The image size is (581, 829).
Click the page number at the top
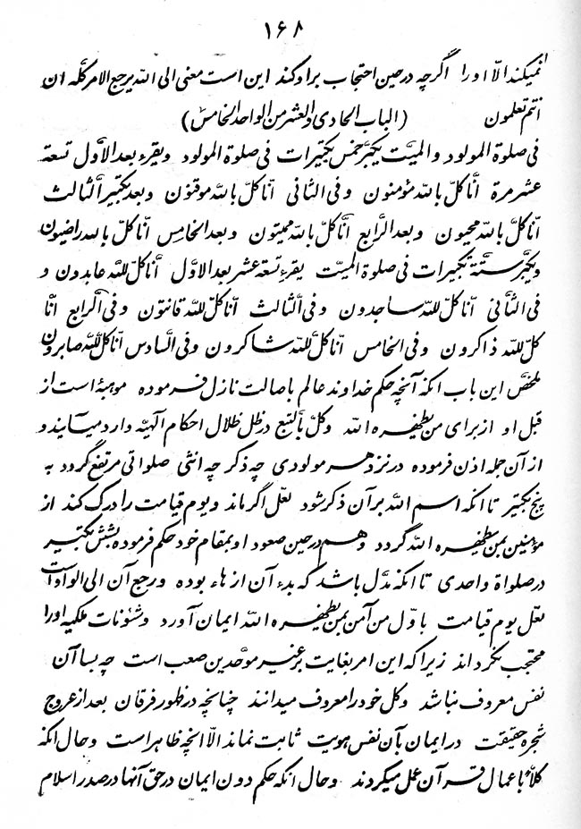(291, 39)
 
